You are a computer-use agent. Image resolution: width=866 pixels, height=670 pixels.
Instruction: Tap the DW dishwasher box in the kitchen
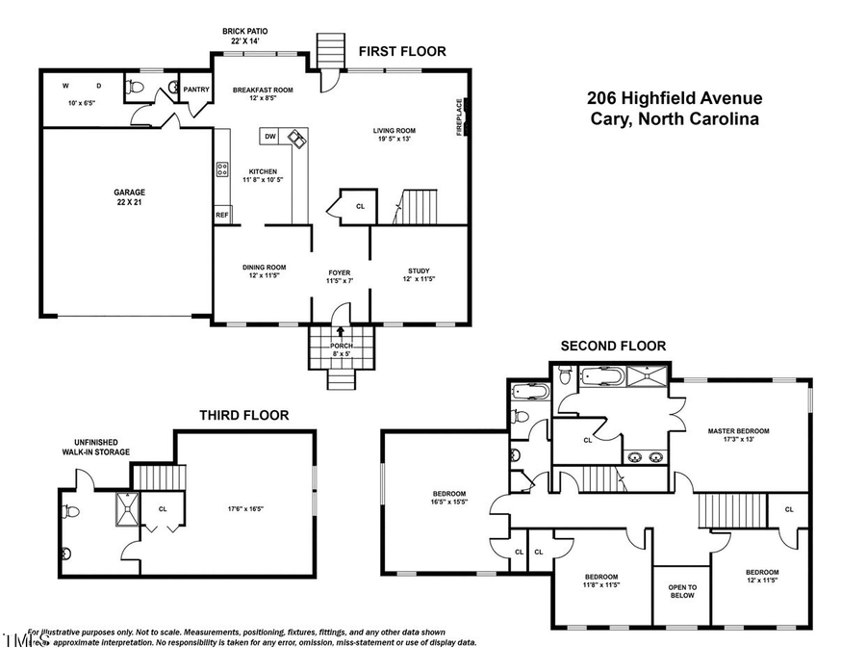[270, 137]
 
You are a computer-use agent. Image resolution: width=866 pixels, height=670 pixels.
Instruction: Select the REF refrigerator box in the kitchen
[221, 215]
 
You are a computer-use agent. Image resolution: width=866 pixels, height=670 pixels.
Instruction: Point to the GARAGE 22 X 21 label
[124, 197]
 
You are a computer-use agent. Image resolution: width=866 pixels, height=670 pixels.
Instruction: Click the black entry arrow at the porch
[339, 332]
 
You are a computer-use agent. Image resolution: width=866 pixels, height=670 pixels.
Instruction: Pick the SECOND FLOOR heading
[614, 347]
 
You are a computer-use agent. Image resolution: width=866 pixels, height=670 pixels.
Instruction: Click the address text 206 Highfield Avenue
[675, 98]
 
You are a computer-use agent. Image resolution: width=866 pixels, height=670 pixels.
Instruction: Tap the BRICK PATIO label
[245, 37]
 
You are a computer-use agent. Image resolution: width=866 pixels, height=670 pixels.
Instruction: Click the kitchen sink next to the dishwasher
[295, 140]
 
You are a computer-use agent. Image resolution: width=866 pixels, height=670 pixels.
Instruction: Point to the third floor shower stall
[126, 506]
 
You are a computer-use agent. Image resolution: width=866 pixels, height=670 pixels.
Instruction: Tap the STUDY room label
[419, 271]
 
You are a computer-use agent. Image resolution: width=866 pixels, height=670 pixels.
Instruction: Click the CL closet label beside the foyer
[360, 205]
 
